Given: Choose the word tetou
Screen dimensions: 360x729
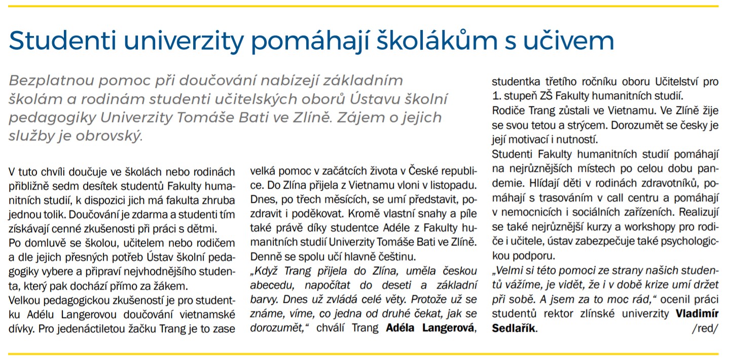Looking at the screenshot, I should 562,124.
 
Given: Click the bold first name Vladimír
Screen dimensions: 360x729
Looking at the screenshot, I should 697,314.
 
